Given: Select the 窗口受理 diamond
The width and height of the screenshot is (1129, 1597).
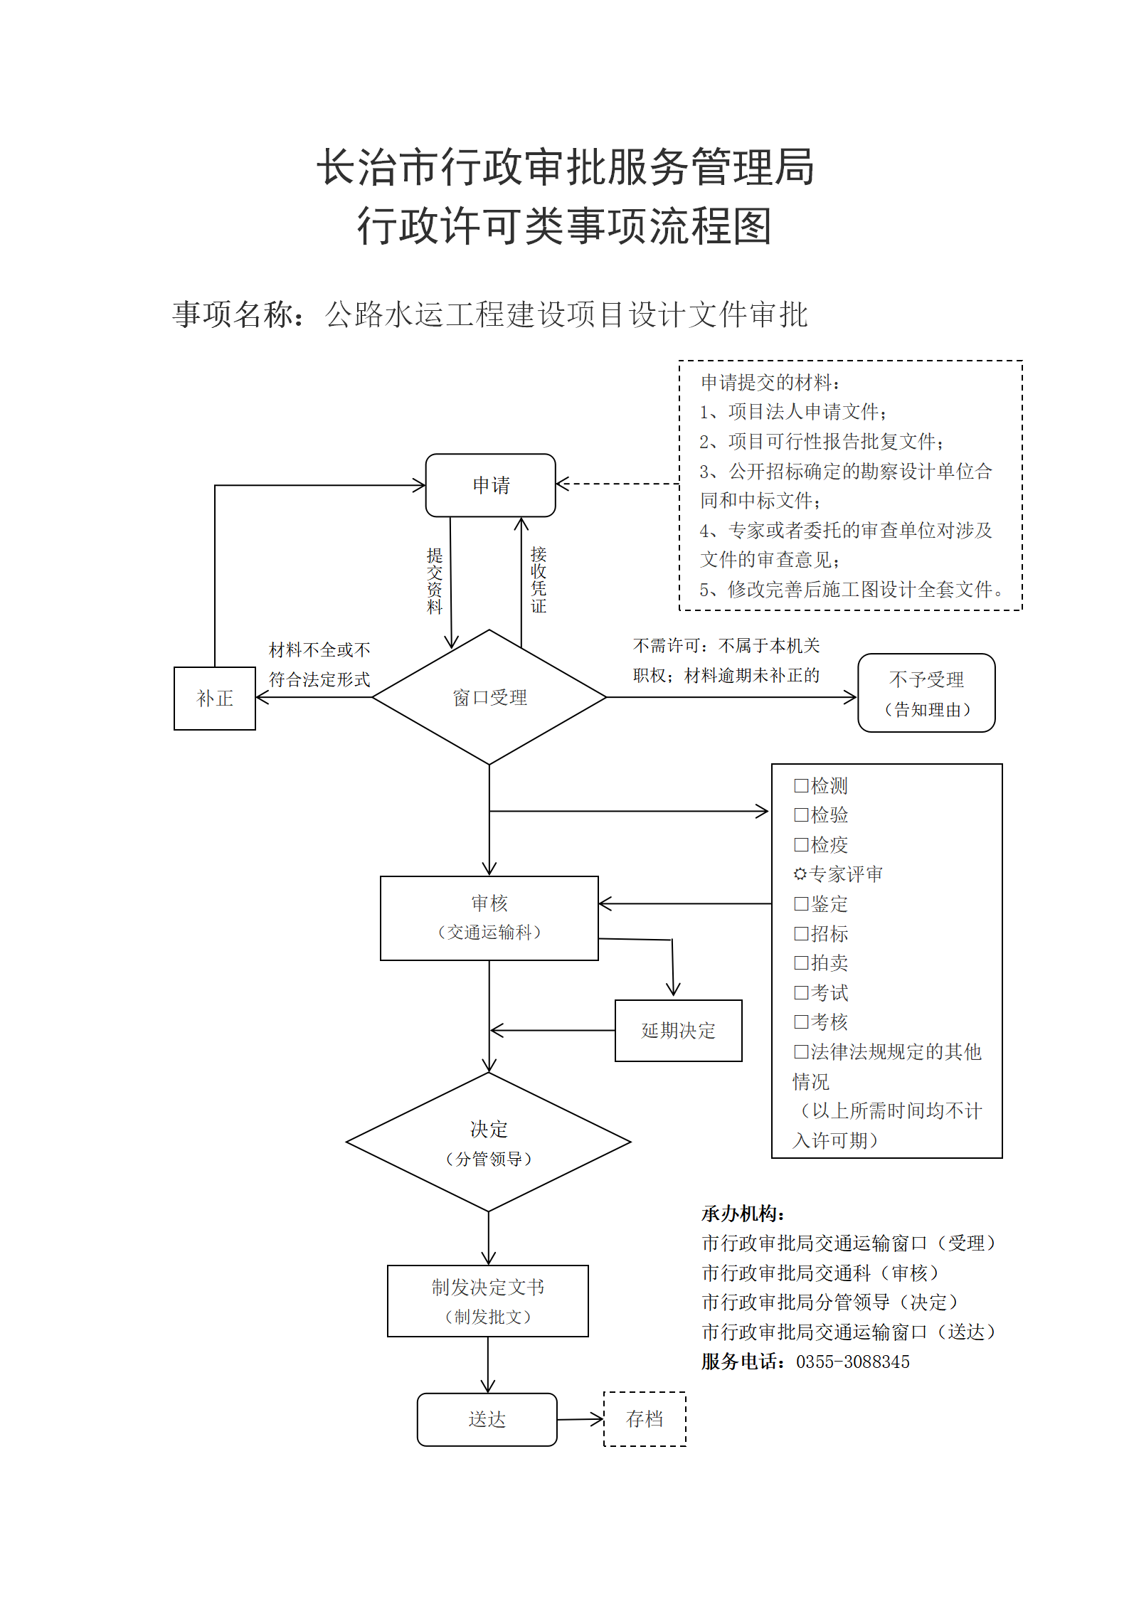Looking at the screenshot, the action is [x=489, y=697].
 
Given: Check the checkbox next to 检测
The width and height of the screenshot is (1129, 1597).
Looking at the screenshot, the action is [x=801, y=785].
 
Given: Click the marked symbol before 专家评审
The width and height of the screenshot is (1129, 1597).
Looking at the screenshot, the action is [x=800, y=874].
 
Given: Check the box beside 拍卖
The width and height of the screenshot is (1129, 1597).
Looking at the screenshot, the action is [x=801, y=962].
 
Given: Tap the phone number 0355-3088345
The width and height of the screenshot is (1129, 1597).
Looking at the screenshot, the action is [x=853, y=1362].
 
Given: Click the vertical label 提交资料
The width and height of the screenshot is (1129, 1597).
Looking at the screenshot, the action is [x=435, y=580].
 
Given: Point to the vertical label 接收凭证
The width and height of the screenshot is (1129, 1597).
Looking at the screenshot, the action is [x=539, y=580].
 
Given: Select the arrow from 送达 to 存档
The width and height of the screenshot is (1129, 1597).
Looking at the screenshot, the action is [x=581, y=1419].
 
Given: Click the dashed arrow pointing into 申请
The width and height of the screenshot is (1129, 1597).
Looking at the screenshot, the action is [x=617, y=484].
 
